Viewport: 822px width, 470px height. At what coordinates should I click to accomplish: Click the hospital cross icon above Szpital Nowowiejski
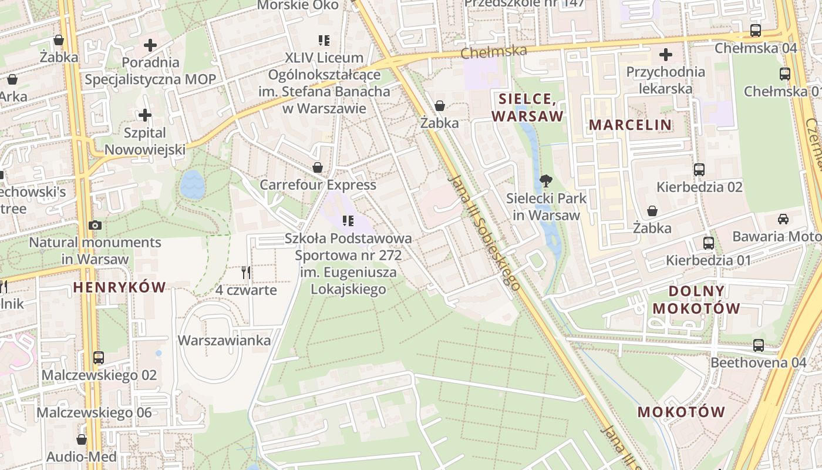click(145, 115)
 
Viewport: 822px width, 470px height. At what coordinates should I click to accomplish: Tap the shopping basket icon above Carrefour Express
click(318, 167)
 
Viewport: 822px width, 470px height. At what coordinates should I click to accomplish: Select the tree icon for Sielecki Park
click(546, 180)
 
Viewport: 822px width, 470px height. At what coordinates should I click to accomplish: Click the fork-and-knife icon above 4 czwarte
click(246, 273)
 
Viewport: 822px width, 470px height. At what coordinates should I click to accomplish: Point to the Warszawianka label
click(224, 341)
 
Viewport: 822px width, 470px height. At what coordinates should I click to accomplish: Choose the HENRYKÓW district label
click(120, 287)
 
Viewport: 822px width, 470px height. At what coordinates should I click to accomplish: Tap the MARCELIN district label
click(630, 125)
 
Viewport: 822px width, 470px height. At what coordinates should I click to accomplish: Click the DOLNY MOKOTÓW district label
click(696, 300)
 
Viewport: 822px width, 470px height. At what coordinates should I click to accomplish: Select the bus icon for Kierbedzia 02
click(699, 170)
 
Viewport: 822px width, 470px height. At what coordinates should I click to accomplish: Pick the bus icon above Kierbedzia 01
click(709, 243)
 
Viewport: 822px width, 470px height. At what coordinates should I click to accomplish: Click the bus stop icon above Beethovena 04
click(759, 345)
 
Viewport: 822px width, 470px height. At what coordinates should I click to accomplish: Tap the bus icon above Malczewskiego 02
click(99, 358)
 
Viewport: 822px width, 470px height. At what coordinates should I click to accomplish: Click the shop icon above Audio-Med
click(82, 439)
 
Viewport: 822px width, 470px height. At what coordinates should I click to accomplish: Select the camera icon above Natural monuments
click(95, 225)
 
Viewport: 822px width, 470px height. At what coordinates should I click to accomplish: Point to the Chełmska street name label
click(494, 52)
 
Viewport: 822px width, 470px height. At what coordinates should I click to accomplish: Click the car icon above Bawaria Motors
click(783, 219)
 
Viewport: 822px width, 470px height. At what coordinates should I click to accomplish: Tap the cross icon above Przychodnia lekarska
click(665, 55)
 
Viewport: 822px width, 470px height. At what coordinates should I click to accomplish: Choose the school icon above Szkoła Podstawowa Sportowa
click(348, 221)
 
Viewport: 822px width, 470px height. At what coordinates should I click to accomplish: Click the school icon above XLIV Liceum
click(324, 41)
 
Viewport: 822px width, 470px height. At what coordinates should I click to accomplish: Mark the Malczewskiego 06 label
click(95, 412)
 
